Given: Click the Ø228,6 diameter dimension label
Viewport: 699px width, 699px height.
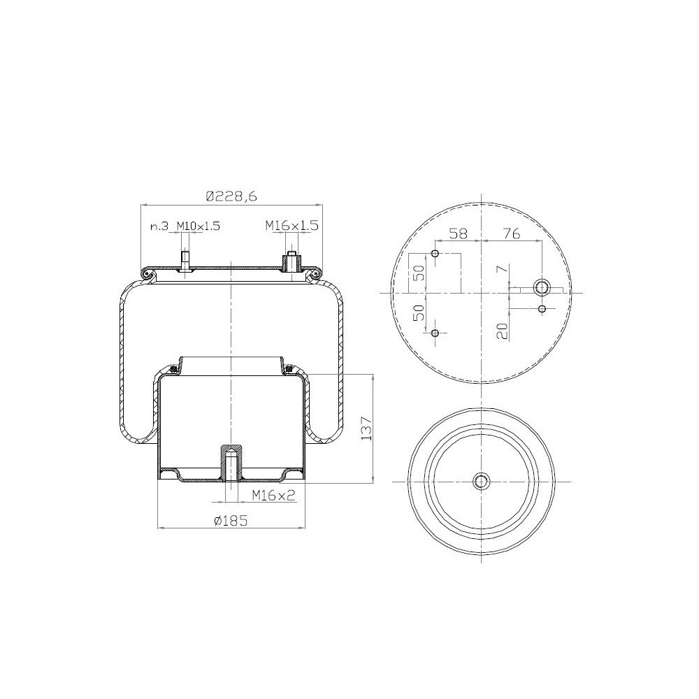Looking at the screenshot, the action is [x=231, y=196].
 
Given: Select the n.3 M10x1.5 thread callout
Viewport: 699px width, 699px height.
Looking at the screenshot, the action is [x=185, y=226].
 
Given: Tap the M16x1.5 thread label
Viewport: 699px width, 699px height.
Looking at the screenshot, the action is [x=292, y=226].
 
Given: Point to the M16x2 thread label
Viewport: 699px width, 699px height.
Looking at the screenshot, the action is [x=274, y=495].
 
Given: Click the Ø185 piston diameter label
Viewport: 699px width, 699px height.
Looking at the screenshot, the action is [x=231, y=520].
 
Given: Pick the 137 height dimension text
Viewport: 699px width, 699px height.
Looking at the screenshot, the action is [x=366, y=428].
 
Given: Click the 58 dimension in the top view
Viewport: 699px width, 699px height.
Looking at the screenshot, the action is [x=458, y=233].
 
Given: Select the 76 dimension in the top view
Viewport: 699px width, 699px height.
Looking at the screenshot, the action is [x=512, y=233].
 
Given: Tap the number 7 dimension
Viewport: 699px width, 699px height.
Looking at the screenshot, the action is [x=503, y=269].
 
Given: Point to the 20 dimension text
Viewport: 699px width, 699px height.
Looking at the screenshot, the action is [x=503, y=331].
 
